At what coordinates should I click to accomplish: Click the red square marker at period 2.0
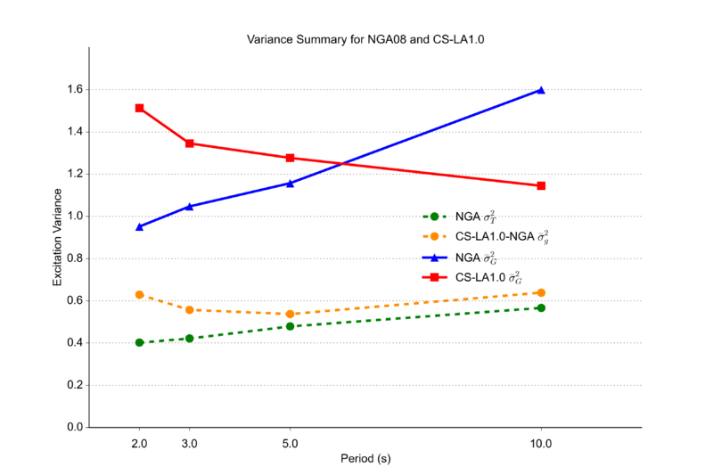pos(140,108)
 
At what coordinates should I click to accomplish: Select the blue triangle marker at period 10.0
pos(541,90)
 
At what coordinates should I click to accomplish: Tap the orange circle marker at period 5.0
pos(290,314)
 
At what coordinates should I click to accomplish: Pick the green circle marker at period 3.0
pos(190,339)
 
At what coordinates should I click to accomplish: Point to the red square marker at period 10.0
pos(541,185)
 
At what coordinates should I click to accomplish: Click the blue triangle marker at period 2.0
pos(140,226)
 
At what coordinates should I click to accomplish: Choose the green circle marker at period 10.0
pos(541,307)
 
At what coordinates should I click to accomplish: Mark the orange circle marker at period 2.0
pos(140,294)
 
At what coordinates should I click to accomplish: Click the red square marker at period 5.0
pos(290,158)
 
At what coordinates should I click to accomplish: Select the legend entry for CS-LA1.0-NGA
pos(486,236)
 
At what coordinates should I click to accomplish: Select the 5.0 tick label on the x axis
pos(290,443)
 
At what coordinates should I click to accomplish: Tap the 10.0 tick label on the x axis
pos(541,443)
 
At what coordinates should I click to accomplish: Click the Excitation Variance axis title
pos(57,237)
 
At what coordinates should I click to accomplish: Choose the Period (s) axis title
pos(365,459)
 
